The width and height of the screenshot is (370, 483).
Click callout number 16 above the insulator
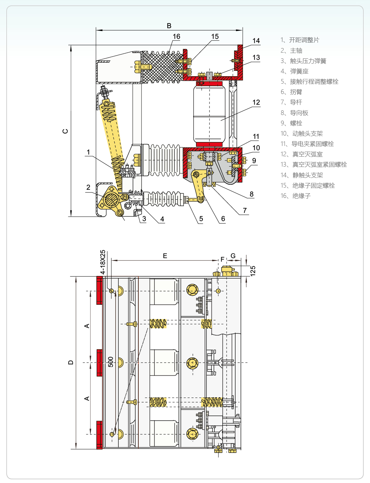click(x=176, y=37)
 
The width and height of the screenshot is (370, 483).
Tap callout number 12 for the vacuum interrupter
click(x=256, y=103)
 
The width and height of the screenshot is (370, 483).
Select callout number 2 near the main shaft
click(x=88, y=188)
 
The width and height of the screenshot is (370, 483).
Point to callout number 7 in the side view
click(x=245, y=210)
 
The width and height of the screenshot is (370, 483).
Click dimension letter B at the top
click(x=169, y=26)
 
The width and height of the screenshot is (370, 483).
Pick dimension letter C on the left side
click(x=65, y=131)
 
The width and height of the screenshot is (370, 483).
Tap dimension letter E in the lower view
click(x=165, y=256)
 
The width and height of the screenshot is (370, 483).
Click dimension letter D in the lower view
click(x=71, y=362)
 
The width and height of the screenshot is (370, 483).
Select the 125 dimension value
click(x=253, y=271)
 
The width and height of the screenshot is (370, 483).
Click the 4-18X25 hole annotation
click(x=103, y=262)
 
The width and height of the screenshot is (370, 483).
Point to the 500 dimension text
click(x=111, y=362)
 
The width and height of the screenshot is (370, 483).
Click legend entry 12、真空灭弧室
click(x=302, y=154)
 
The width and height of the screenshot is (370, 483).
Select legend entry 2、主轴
click(x=291, y=51)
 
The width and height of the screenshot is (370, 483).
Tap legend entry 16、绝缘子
click(x=296, y=196)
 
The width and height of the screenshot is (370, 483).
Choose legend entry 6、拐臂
click(x=291, y=92)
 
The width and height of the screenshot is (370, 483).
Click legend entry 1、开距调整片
click(x=300, y=40)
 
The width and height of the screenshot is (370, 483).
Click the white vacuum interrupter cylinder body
click(x=209, y=114)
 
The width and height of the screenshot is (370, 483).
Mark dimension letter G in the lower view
click(x=233, y=256)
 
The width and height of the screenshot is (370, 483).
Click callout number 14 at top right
click(x=256, y=41)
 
